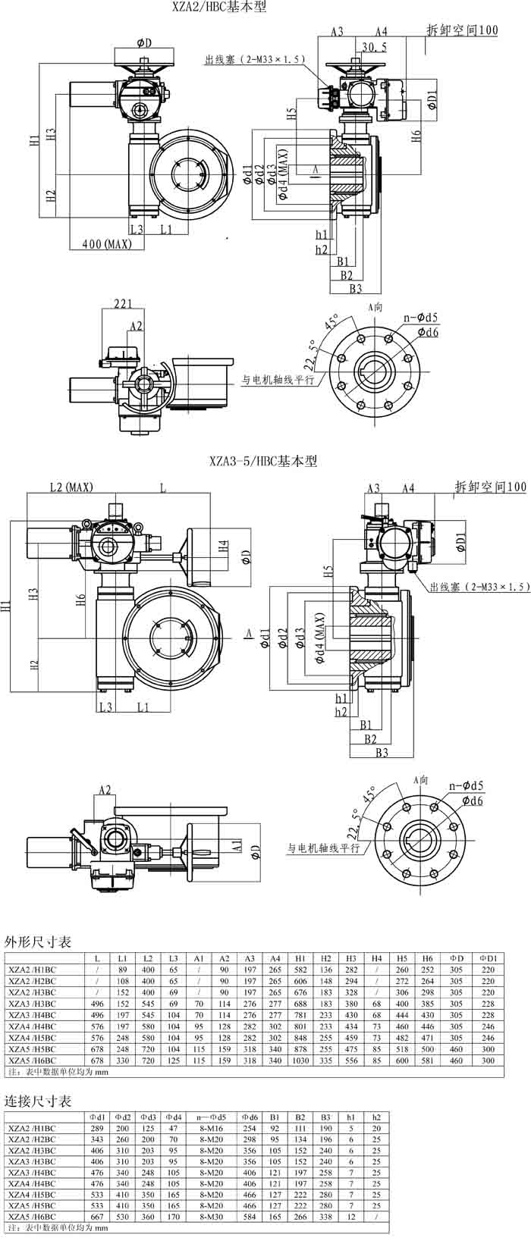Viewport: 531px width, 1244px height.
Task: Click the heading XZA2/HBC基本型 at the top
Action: (x=220, y=8)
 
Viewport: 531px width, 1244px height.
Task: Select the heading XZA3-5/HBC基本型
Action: (x=263, y=461)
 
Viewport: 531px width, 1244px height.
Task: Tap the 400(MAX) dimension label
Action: (x=107, y=244)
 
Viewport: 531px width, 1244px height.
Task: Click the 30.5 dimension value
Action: (x=374, y=47)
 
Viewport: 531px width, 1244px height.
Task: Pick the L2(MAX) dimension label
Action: (x=71, y=487)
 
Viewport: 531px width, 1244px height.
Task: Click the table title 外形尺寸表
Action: (x=38, y=942)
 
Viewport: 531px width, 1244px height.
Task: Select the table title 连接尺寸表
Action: (x=38, y=1100)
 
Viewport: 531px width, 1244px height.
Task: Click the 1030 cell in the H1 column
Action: (x=300, y=1061)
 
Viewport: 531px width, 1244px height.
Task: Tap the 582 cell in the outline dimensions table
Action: (x=300, y=970)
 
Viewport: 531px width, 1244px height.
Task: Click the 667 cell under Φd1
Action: (x=98, y=1216)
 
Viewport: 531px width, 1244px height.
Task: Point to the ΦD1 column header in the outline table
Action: (x=488, y=958)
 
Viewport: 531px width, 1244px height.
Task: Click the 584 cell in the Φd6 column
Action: (x=250, y=1216)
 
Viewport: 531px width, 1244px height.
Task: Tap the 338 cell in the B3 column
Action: (x=325, y=1216)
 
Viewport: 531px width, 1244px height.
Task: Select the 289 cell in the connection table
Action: (x=98, y=1128)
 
